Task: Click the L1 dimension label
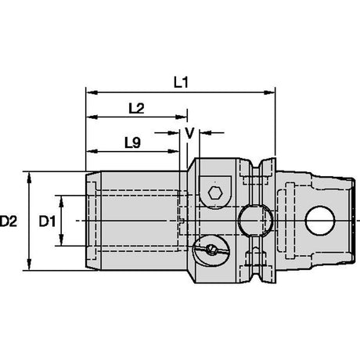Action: (181, 83)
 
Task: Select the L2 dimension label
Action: (136, 108)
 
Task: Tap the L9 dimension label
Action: (132, 142)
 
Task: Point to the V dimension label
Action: (189, 133)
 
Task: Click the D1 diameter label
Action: (47, 221)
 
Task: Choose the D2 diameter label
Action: (9, 221)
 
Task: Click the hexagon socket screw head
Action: (215, 193)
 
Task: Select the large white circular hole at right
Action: (320, 221)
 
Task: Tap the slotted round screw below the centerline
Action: (211, 250)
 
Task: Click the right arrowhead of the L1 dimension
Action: (269, 92)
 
